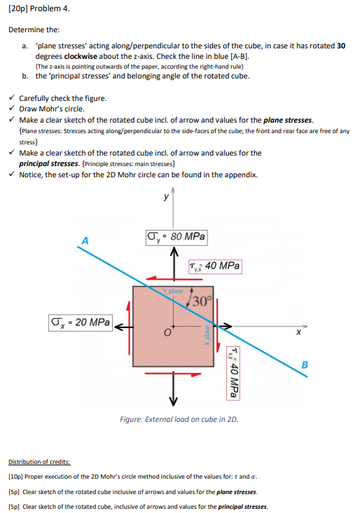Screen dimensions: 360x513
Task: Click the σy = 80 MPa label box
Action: (176, 237)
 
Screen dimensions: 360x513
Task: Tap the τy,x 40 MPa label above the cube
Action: (215, 266)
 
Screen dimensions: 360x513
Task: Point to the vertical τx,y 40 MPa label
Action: (235, 371)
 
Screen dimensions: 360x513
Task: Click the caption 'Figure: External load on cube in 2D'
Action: (179, 418)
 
